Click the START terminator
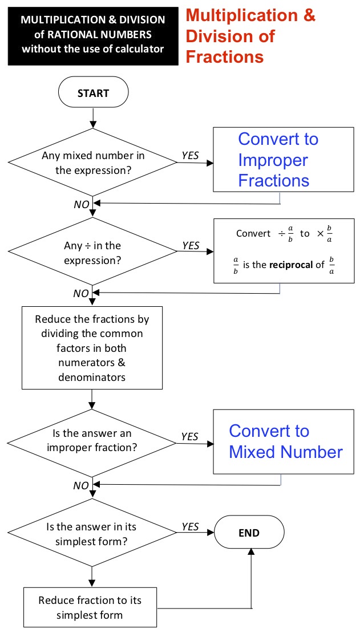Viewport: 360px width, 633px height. pos(94,93)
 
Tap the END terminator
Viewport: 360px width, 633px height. pos(249,533)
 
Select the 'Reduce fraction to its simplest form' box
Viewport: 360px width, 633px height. pos(90,607)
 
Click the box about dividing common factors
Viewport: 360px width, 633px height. pos(92,348)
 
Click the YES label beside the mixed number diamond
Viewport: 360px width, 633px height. pos(191,156)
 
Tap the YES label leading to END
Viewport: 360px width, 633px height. pos(191,526)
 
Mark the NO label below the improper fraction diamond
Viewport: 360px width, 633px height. pos(81,486)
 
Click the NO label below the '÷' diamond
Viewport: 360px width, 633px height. pos(81,294)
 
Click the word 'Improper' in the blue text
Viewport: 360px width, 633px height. pos(273,160)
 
